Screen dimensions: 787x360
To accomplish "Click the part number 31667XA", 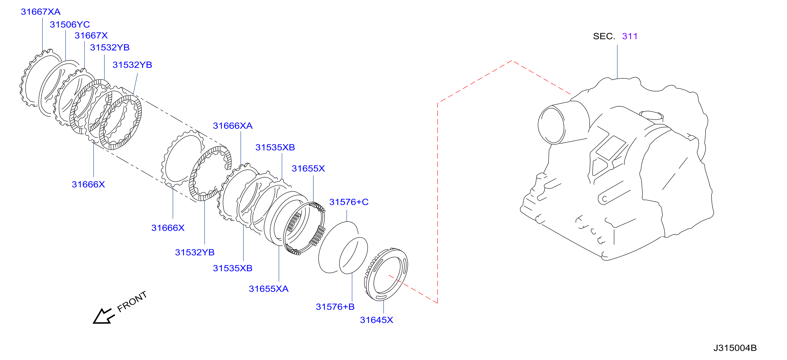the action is click(x=41, y=12).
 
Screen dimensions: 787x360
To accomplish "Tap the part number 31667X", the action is click(x=91, y=35).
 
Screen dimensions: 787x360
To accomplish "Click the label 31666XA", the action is click(x=233, y=126).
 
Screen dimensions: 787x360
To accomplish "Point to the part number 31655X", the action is click(x=308, y=168).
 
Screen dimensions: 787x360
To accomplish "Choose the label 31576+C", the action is click(x=349, y=202).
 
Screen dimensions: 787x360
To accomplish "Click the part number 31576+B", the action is click(x=335, y=307).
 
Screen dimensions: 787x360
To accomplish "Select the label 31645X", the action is click(x=376, y=320).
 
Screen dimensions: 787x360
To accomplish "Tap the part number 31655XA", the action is click(x=269, y=289).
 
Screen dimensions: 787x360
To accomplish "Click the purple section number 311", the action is click(x=630, y=36).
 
